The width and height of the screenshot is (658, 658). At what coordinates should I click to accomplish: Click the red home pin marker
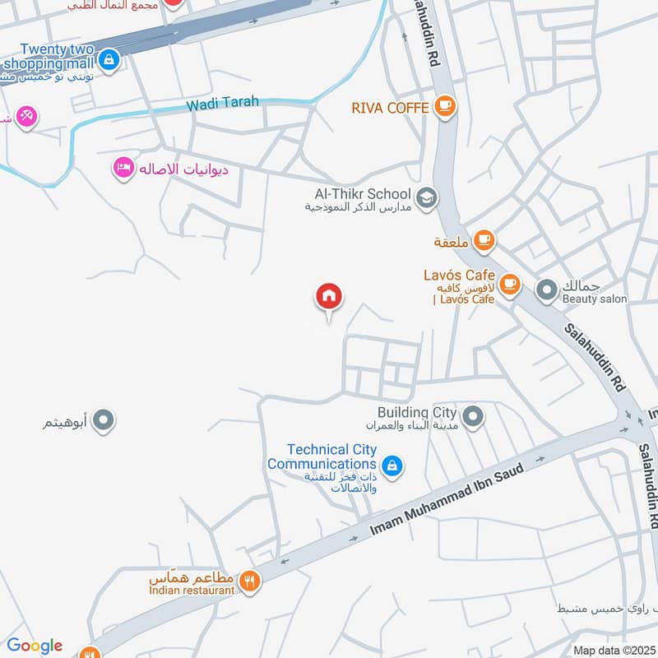329,298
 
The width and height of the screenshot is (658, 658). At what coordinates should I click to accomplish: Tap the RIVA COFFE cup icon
445,106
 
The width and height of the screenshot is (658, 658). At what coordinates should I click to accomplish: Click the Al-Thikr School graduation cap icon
426,197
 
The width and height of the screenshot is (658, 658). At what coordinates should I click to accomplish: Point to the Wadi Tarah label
222,103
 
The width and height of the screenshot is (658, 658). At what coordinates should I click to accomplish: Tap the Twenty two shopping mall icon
109,60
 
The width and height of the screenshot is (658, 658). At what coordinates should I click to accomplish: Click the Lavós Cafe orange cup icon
510,284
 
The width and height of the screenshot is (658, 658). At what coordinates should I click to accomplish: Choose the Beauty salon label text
594,299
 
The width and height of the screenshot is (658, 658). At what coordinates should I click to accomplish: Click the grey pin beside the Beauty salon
546,289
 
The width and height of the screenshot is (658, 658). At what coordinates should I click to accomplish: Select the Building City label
416,412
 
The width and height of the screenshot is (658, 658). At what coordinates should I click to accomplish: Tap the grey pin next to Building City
472,418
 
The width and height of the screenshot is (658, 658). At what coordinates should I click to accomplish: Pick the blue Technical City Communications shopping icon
392,466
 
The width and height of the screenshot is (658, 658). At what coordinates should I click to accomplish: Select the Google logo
34,646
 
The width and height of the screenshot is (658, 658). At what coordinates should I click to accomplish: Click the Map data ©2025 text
613,650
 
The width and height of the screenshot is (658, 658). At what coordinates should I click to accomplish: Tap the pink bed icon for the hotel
123,168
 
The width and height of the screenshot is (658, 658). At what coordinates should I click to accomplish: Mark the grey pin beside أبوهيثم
103,421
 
